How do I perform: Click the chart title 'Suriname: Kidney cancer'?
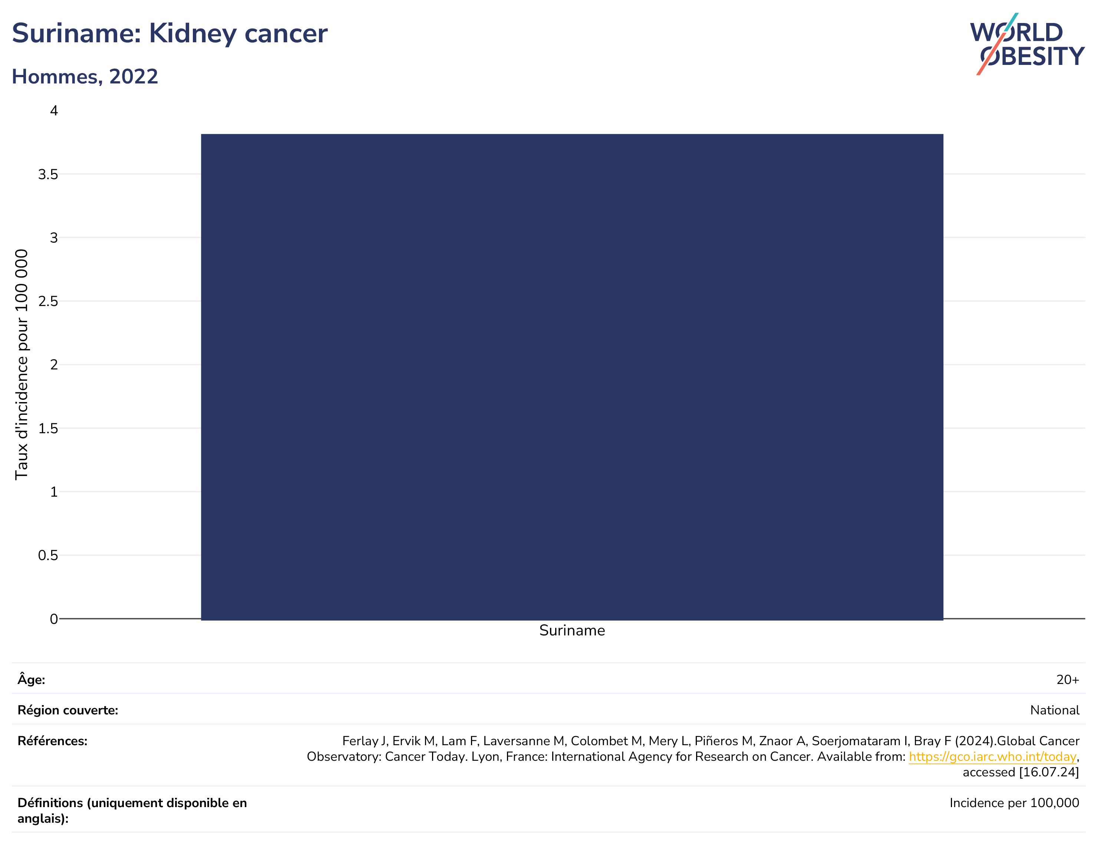(x=170, y=34)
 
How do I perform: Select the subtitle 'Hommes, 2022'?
(x=85, y=77)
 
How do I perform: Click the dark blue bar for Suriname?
(x=572, y=377)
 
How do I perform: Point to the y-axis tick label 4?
(x=54, y=111)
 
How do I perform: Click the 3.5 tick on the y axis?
(x=48, y=174)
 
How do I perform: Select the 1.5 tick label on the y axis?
(x=48, y=428)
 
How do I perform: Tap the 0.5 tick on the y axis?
(x=48, y=556)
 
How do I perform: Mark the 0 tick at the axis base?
(x=54, y=619)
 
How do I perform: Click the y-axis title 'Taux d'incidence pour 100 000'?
(x=22, y=365)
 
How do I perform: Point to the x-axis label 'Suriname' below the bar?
(x=572, y=631)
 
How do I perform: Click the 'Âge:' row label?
(x=31, y=679)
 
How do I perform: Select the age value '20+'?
(x=1067, y=680)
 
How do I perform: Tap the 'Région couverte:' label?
(x=68, y=710)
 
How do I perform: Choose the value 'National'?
(x=1054, y=710)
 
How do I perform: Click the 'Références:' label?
(x=52, y=741)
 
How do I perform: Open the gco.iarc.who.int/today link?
(x=992, y=757)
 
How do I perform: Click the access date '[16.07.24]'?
(x=1049, y=772)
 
